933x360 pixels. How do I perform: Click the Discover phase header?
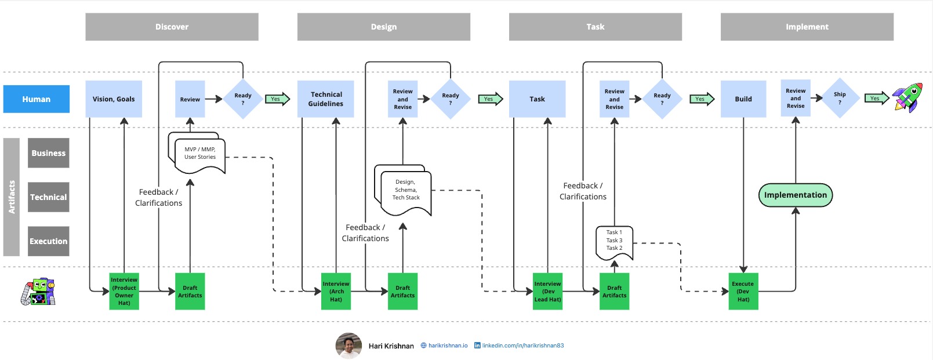172,27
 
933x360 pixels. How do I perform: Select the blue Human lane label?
37,99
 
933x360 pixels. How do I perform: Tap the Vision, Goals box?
114,99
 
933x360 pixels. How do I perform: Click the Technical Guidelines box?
325,99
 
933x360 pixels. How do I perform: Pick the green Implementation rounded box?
795,195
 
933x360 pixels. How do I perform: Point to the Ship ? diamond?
839,98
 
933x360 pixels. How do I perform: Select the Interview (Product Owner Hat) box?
124,291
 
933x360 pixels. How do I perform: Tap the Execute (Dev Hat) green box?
743,292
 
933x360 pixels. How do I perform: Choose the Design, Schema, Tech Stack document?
405,191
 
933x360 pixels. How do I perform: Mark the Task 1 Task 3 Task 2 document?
614,241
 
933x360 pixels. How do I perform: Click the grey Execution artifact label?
49,241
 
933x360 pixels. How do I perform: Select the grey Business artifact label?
49,153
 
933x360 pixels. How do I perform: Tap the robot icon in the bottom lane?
38,292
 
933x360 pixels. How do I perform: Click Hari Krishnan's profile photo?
348,346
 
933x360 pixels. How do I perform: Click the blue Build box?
743,99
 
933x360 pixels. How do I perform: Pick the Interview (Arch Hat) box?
336,292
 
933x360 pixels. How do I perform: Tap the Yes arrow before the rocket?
876,99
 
